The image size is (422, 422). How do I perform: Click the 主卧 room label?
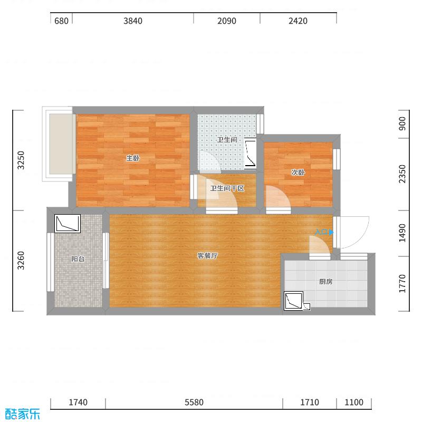pyautogui.click(x=132, y=158)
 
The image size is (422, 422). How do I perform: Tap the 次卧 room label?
pyautogui.click(x=298, y=172)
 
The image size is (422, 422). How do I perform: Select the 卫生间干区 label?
pyautogui.click(x=227, y=188)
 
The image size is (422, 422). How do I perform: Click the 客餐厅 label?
pyautogui.click(x=207, y=256)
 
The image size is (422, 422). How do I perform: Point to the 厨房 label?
pyautogui.click(x=325, y=282)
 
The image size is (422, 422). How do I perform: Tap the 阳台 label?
pyautogui.click(x=78, y=259)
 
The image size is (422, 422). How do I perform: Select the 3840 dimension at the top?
pyautogui.click(x=133, y=21)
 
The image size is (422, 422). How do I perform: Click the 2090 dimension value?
pyautogui.click(x=226, y=21)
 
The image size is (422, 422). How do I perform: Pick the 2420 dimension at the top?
pyautogui.click(x=298, y=21)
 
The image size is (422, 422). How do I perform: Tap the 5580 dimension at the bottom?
pyautogui.click(x=194, y=402)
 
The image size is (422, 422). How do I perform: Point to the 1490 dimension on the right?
pyautogui.click(x=402, y=233)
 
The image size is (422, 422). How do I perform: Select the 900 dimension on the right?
pyautogui.click(x=402, y=124)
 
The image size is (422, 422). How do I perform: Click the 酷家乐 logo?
pyautogui.click(x=22, y=414)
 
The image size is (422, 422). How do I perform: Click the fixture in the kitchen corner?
pyautogui.click(x=293, y=301)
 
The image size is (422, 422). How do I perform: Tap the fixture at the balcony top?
pyautogui.click(x=68, y=224)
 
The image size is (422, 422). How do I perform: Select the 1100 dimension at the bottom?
pyautogui.click(x=354, y=402)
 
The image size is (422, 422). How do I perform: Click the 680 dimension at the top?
pyautogui.click(x=61, y=21)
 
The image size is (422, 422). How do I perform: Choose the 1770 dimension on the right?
pyautogui.click(x=402, y=284)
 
